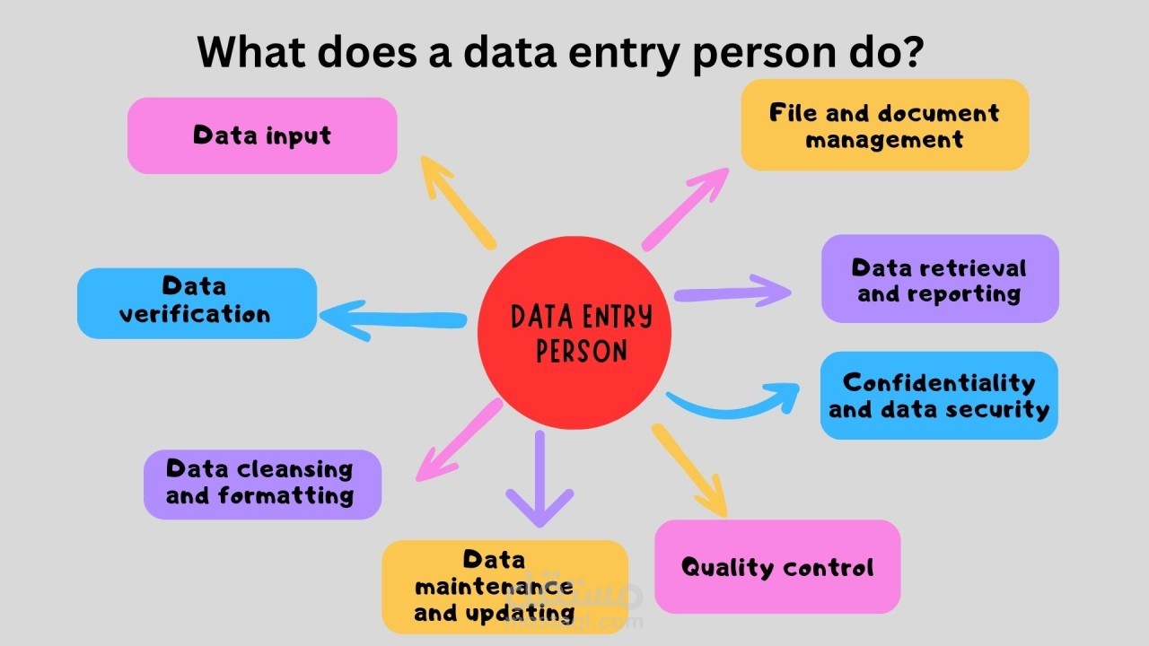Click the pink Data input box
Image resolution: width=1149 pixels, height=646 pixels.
[261, 135]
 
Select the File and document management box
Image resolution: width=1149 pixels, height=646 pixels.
[884, 125]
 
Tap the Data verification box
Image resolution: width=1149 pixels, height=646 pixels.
[197, 303]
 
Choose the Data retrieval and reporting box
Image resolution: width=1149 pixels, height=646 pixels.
[940, 279]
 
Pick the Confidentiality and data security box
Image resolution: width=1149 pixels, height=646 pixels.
[939, 396]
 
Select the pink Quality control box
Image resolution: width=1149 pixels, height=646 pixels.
[777, 567]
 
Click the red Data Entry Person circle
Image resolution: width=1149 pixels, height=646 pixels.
[574, 334]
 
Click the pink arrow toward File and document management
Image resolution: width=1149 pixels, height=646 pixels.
[686, 208]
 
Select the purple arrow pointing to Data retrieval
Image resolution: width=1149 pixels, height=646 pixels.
[732, 292]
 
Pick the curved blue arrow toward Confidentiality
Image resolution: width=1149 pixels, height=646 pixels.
[732, 403]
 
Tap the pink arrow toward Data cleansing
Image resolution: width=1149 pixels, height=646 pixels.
[459, 441]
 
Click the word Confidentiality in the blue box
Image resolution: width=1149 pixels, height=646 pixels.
[939, 383]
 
